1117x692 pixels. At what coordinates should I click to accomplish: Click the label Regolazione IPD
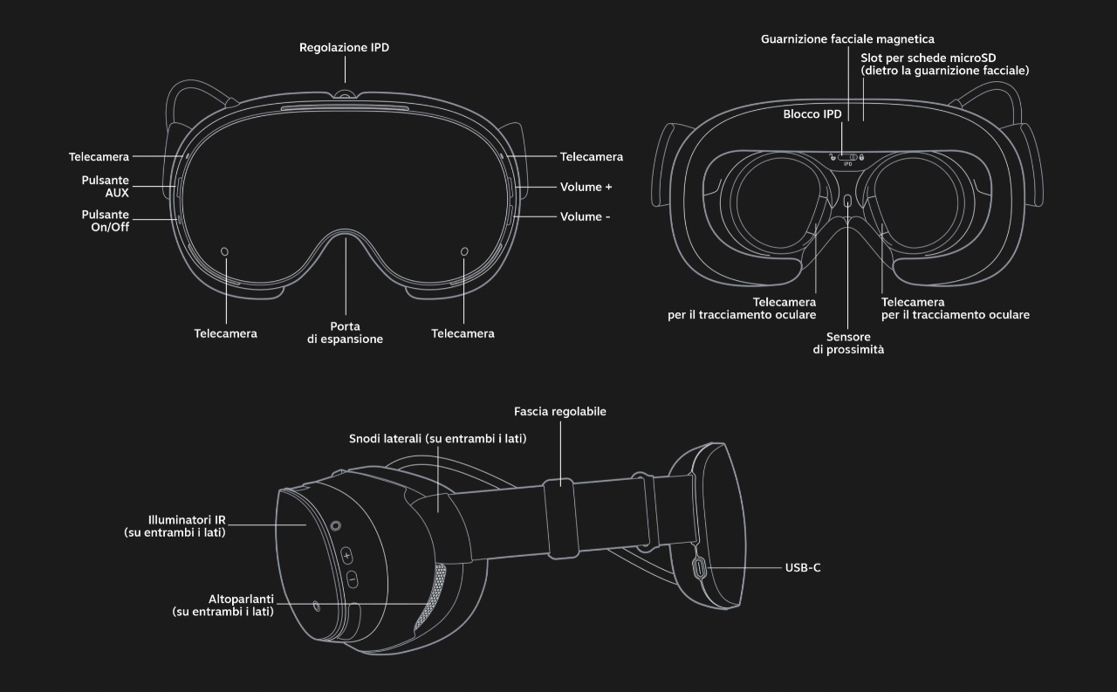[x=344, y=48]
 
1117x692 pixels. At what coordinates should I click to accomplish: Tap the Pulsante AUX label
[x=105, y=187]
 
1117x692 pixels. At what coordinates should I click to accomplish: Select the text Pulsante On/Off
[x=105, y=222]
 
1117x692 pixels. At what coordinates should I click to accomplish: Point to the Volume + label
[x=586, y=187]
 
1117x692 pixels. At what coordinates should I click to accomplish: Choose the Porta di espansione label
[x=345, y=332]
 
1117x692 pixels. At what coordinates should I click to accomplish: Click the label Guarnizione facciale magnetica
[x=847, y=39]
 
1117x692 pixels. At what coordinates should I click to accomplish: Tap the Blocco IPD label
[x=812, y=114]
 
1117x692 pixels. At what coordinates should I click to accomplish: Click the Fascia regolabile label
[x=560, y=411]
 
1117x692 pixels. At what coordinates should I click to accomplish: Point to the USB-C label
[x=803, y=567]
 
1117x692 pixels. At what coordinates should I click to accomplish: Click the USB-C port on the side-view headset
[x=701, y=569]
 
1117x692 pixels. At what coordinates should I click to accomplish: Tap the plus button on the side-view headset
[x=346, y=555]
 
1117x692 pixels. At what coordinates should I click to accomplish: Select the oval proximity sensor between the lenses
[x=847, y=202]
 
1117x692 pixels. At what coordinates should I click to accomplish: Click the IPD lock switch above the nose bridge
[x=847, y=157]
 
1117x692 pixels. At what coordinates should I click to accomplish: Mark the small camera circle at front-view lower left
[x=225, y=252]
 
